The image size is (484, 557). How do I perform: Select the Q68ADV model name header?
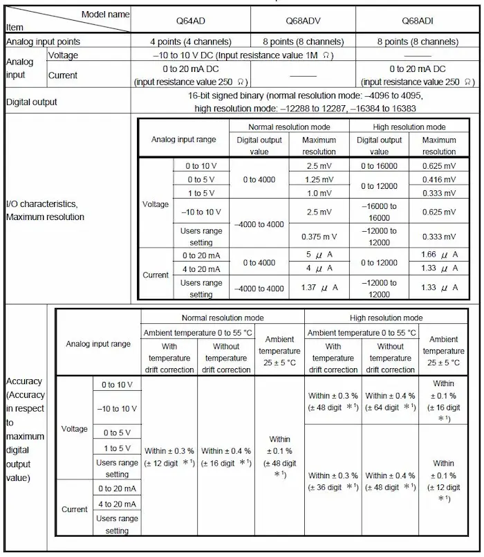(302, 20)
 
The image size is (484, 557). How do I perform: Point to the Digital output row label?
(32, 102)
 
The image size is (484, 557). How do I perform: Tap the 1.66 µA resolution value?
(439, 255)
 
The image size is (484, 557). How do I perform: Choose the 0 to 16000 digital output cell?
(379, 166)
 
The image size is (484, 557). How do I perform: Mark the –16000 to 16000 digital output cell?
(379, 211)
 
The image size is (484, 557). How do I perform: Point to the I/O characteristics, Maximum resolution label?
(46, 210)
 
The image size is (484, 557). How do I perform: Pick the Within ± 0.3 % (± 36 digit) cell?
(333, 481)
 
